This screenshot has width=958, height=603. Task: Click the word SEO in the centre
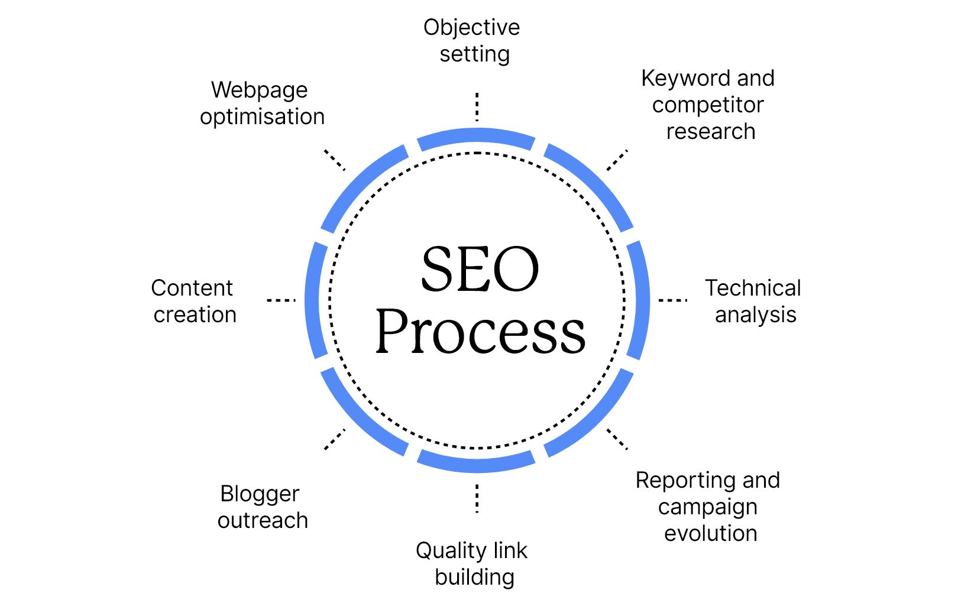pyautogui.click(x=480, y=270)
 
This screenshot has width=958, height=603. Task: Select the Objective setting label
pyautogui.click(x=472, y=41)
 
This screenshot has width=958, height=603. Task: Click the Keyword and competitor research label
pyautogui.click(x=708, y=105)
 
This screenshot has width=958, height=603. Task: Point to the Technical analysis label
pyautogui.click(x=753, y=301)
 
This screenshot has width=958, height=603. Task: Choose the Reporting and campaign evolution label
pyautogui.click(x=708, y=507)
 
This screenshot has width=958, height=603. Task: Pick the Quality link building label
pyautogui.click(x=472, y=563)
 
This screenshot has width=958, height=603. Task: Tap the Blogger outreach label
pyautogui.click(x=262, y=507)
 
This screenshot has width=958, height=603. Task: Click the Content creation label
pyautogui.click(x=193, y=301)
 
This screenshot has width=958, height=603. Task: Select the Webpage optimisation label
pyautogui.click(x=262, y=103)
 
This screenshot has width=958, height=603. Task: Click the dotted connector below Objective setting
pyautogui.click(x=477, y=107)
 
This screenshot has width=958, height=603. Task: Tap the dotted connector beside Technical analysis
pyautogui.click(x=673, y=300)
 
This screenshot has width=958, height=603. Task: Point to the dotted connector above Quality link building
pyautogui.click(x=477, y=498)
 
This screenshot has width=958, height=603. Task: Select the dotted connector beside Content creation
pyautogui.click(x=281, y=300)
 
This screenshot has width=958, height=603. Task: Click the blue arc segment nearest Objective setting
pyautogui.click(x=477, y=137)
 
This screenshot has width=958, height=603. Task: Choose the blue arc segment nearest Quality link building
pyautogui.click(x=477, y=463)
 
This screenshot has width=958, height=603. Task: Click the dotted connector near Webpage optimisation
pyautogui.click(x=335, y=160)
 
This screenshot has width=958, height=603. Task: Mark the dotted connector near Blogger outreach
pyautogui.click(x=335, y=439)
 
